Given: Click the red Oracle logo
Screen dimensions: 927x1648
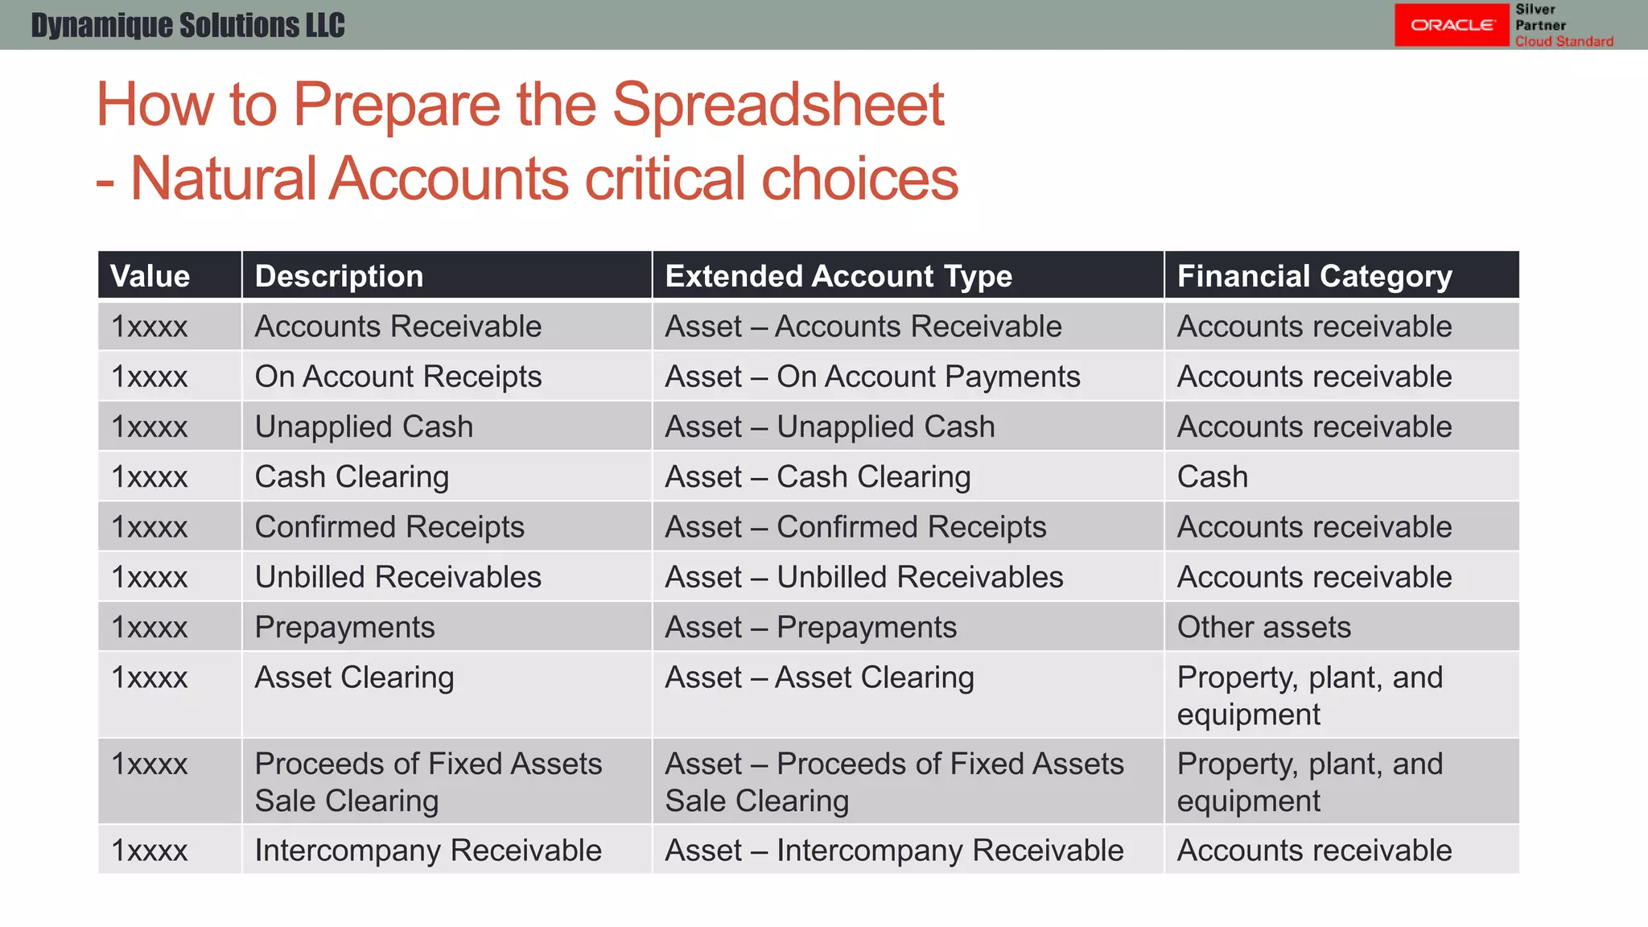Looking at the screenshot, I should (x=1452, y=25).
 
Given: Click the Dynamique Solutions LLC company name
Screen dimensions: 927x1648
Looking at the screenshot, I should (x=187, y=25).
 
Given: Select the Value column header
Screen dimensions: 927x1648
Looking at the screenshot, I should (x=150, y=276).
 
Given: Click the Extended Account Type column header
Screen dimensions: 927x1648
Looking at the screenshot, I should (x=838, y=276).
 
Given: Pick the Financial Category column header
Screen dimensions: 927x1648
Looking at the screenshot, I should (x=1314, y=276).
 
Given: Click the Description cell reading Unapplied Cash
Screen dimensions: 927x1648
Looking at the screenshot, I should (x=364, y=426).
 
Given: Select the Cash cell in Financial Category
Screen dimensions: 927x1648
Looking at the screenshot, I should (x=1212, y=477).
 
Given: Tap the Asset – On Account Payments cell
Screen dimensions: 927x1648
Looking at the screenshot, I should (x=872, y=377).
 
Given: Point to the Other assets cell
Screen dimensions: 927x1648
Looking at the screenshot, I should (x=1263, y=627).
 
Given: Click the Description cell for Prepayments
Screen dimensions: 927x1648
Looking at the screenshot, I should (x=344, y=627).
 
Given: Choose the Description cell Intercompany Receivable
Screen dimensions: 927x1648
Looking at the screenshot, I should (x=427, y=851).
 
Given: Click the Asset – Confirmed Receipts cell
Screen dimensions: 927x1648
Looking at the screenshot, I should (x=855, y=527).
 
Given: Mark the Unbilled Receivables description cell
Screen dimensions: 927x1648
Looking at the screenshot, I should (x=398, y=577).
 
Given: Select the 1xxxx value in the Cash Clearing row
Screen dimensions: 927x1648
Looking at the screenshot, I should (x=150, y=477).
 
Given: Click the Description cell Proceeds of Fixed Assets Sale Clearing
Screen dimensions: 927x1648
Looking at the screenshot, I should (x=427, y=781).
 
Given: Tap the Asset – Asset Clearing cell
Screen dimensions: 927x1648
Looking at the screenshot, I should (x=819, y=678).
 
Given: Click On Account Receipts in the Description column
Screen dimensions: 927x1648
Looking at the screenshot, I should (x=398, y=377).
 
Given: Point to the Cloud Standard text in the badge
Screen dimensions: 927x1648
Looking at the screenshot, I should (x=1564, y=41).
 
